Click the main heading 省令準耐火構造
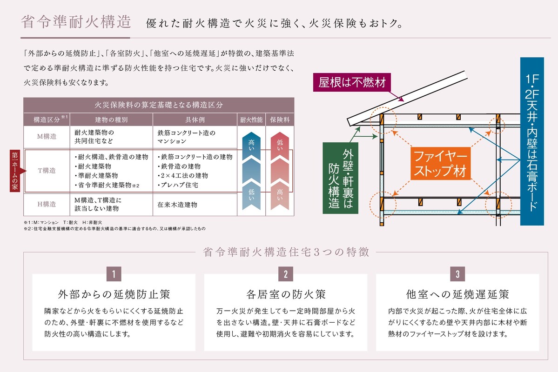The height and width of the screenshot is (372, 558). pos(76,22)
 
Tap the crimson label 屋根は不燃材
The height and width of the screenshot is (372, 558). pos(352,83)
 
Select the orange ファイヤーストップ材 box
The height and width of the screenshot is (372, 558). pos(439,163)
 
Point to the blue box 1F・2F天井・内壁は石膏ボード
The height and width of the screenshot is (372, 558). pos(531,141)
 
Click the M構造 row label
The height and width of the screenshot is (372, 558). pos(47,137)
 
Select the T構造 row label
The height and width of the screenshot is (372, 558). pos(47,171)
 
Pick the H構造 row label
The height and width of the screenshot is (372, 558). pos(47,204)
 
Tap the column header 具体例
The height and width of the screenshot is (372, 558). pos(195,120)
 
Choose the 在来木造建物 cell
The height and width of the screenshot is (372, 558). pos(177,205)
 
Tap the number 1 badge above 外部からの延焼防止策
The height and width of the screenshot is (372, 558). pos(114,274)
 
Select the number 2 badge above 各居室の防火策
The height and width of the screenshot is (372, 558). pos(285,274)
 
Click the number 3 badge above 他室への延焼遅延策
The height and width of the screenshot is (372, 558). pos(457,274)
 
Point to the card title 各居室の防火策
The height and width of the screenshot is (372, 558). pos(285,295)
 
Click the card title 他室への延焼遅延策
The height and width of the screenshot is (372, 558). pos(457,295)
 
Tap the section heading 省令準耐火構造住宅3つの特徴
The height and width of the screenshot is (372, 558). pos(286,252)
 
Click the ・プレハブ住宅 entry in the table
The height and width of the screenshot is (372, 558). pos(178,185)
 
